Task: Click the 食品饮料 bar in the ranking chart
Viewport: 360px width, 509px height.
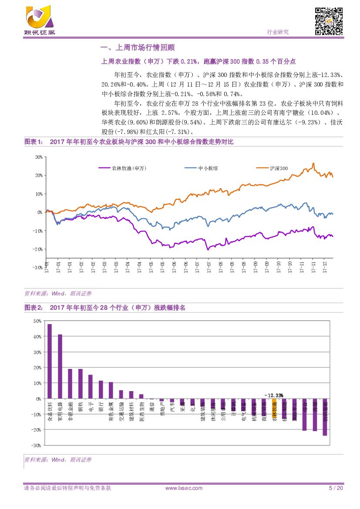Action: point(49,361)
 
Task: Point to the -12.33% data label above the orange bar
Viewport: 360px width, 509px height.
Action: point(273,395)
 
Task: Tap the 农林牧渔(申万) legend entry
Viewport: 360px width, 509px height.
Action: point(118,168)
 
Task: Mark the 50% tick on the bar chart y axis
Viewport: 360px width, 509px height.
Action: point(37,321)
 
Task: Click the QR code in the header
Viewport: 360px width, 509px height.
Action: point(329,21)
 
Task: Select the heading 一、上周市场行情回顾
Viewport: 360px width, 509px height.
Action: point(138,48)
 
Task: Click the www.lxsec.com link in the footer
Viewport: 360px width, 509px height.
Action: point(184,488)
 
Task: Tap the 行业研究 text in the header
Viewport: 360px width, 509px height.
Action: point(277,32)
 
